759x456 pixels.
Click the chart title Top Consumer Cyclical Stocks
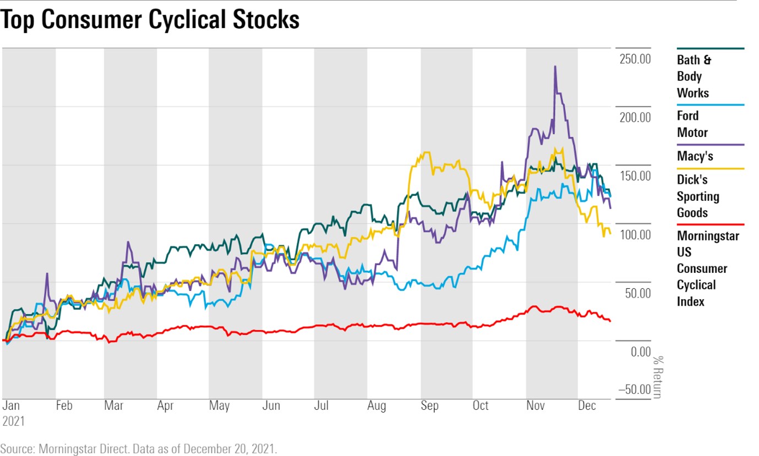pos(150,20)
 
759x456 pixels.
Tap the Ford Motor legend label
pos(692,124)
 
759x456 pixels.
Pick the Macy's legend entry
pos(695,156)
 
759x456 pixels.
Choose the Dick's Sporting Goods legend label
pos(698,196)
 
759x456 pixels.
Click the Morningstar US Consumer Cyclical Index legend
pos(707,268)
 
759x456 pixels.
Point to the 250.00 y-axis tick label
pos(635,58)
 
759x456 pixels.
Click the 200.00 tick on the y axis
pos(635,117)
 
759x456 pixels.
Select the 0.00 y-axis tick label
pos(640,351)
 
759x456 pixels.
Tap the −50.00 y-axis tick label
pos(634,389)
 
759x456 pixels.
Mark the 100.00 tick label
pos(635,234)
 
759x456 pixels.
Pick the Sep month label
pos(429,406)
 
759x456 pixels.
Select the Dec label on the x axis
pos(587,406)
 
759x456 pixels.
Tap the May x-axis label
pos(219,406)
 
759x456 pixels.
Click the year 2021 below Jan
pos(13,421)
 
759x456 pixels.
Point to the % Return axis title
pos(657,377)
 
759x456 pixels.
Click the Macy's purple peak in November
pos(555,67)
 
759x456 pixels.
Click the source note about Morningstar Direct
pos(139,448)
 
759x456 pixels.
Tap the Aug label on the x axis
pos(376,406)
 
